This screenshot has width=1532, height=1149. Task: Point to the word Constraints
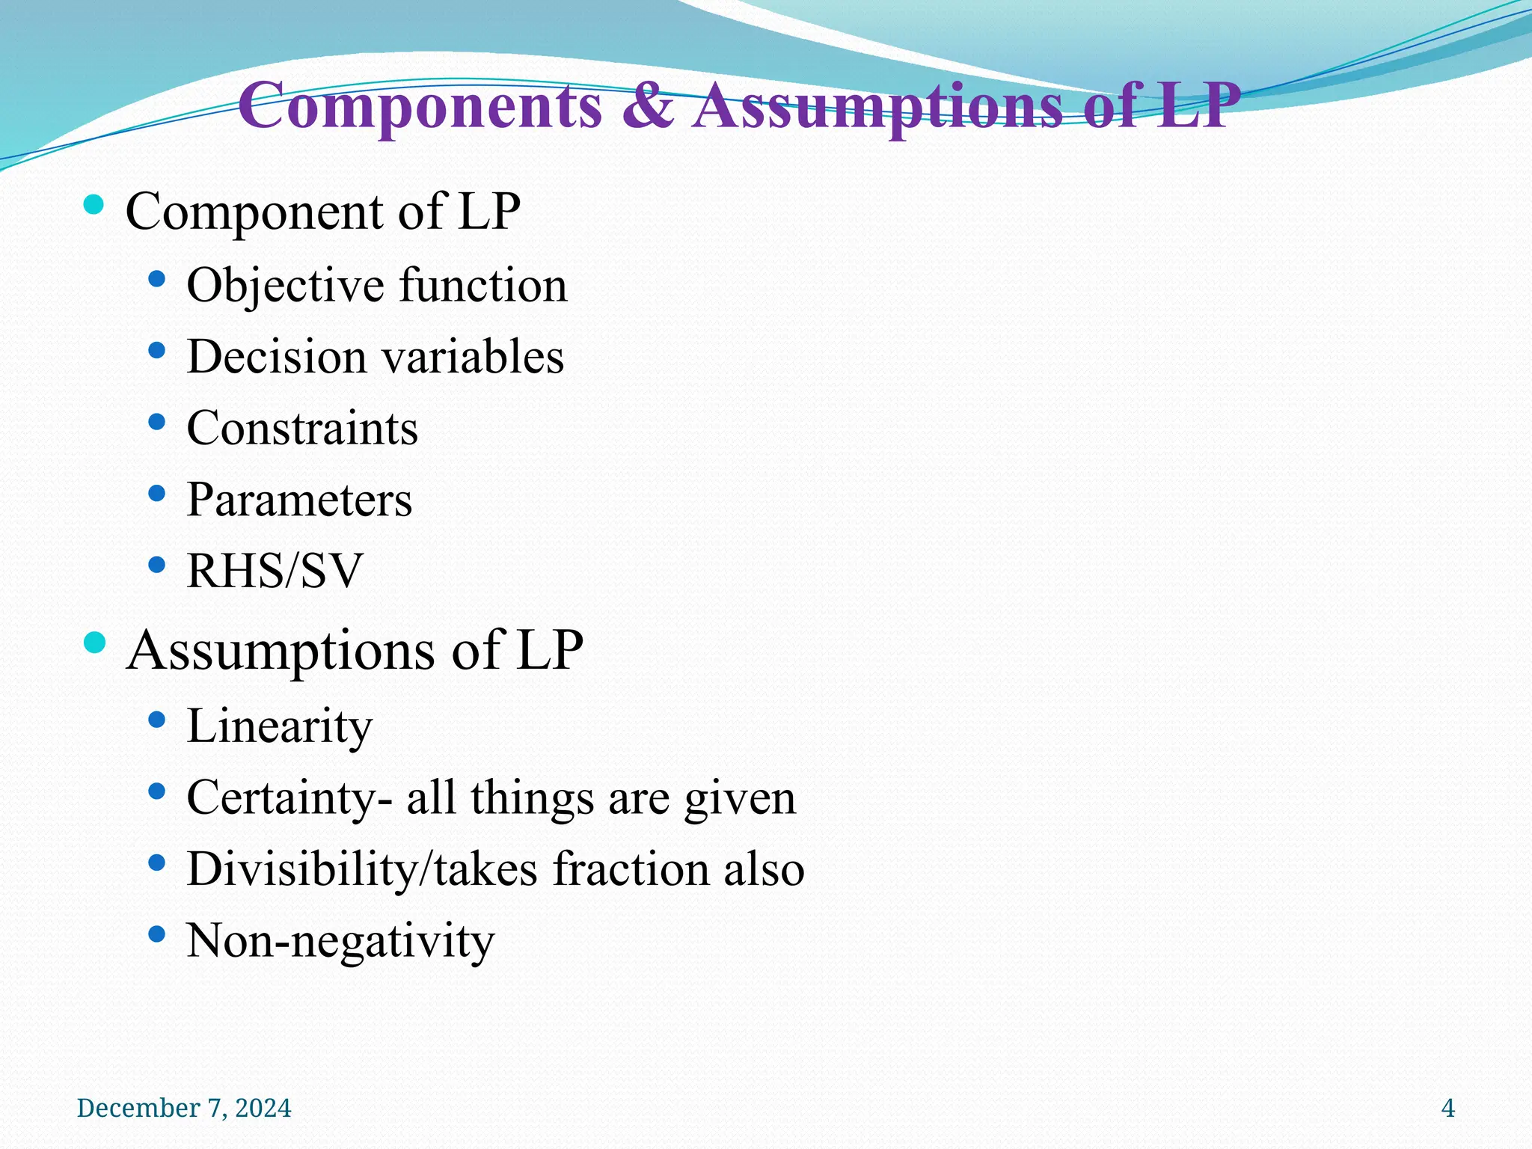[302, 429]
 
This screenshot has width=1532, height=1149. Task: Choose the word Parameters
[299, 500]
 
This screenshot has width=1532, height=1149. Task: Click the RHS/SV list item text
[275, 571]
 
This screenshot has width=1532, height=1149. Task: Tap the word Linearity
[279, 726]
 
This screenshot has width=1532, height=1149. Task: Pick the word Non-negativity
[340, 940]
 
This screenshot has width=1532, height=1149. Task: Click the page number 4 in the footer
[1448, 1108]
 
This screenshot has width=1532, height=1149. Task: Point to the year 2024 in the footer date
[263, 1108]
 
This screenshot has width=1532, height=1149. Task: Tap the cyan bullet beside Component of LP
[94, 205]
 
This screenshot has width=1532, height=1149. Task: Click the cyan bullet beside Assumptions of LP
[94, 643]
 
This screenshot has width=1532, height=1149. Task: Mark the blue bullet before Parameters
[156, 493]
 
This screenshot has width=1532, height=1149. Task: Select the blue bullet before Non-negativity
[156, 934]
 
